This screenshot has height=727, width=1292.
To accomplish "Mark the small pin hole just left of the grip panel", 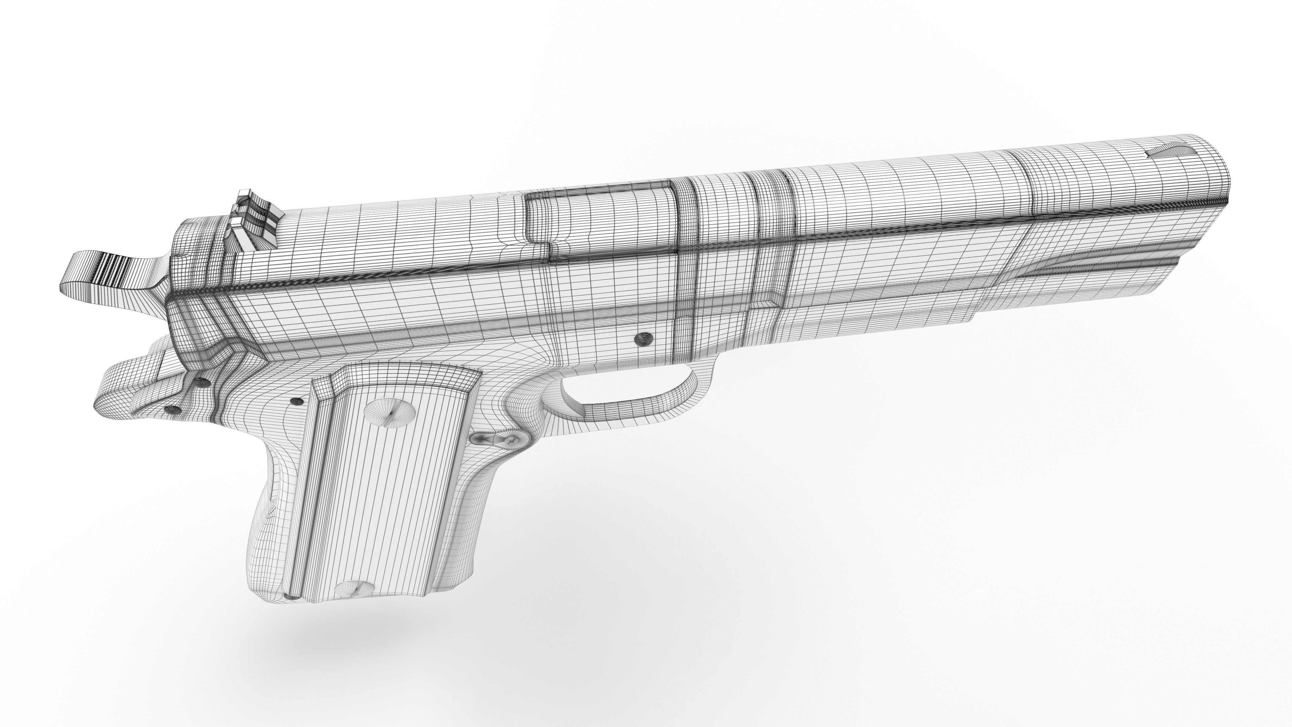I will tap(297, 402).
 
